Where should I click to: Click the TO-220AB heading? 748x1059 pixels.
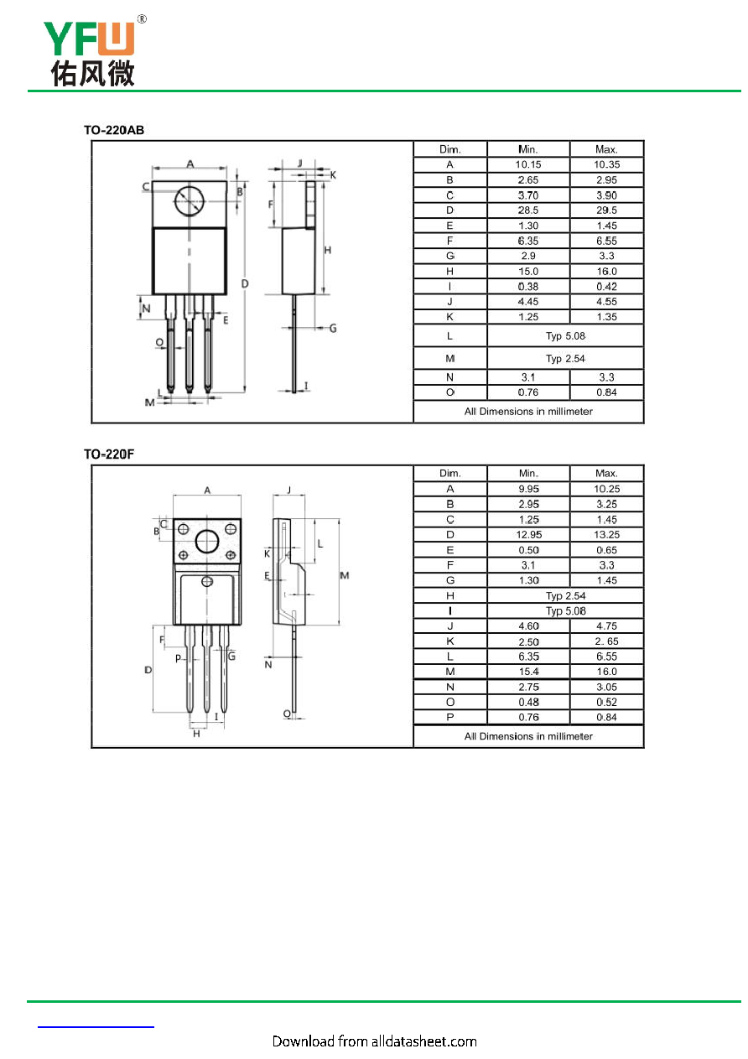(x=114, y=130)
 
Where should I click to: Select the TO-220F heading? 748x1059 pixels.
(x=109, y=454)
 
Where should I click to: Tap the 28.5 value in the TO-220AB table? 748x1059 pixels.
(x=527, y=210)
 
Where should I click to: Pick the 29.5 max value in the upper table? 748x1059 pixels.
(x=606, y=210)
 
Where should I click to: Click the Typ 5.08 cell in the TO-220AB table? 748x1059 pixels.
(x=565, y=336)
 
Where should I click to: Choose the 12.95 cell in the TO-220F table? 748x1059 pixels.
(x=528, y=535)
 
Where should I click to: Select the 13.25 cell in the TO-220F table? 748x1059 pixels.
(x=606, y=535)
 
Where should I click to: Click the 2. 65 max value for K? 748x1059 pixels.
(x=606, y=641)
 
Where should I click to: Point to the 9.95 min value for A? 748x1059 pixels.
(x=528, y=490)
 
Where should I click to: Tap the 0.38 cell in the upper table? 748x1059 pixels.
(x=527, y=287)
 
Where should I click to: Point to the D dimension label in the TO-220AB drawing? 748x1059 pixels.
(x=245, y=283)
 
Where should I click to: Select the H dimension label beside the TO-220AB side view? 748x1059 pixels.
(x=327, y=250)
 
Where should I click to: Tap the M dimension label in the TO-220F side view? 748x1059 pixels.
(x=344, y=575)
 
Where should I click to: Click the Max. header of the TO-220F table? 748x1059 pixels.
(x=606, y=473)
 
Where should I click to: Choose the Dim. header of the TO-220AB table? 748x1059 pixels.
(x=449, y=149)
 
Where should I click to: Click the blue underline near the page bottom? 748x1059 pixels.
(x=96, y=1027)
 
